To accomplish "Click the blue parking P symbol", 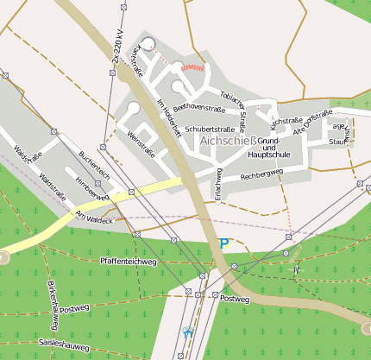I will (x=225, y=244).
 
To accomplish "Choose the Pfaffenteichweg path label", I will (x=128, y=260).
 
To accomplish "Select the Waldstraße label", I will (x=53, y=187).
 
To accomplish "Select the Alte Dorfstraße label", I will (x=312, y=120).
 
